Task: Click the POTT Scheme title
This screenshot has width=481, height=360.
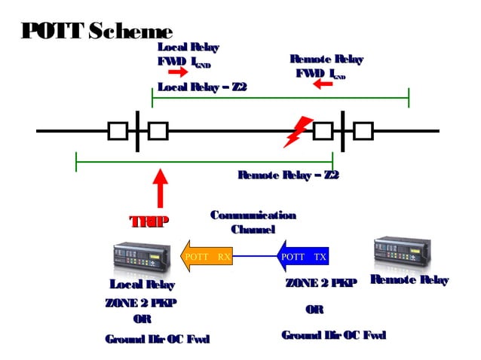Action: pos(97,31)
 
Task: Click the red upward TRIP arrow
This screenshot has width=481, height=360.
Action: pos(160,189)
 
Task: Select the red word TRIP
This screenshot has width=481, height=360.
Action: pos(149,221)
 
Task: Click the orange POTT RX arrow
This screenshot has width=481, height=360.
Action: pos(206,256)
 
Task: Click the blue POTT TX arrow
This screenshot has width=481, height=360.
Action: pos(303,256)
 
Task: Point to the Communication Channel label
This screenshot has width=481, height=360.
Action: pos(253,222)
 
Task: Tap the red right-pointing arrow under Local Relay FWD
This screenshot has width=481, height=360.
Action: pos(177,72)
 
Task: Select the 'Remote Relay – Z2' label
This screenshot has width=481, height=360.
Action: pos(288,175)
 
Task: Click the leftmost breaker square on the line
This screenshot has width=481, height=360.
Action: pos(118,131)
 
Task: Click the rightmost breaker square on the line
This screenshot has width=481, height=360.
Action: pos(363,131)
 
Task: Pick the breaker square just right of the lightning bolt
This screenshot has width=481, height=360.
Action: pos(323,131)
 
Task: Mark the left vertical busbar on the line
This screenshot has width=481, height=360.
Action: pos(137,131)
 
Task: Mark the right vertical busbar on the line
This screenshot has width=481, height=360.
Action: pos(343,131)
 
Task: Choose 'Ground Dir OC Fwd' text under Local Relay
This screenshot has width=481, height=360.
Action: pos(157,339)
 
